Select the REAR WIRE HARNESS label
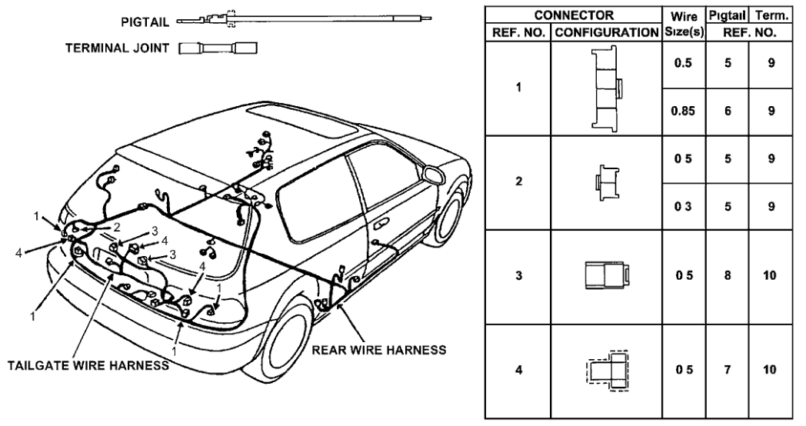379,350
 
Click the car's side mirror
434,176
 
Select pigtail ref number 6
728,112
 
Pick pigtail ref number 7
728,370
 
